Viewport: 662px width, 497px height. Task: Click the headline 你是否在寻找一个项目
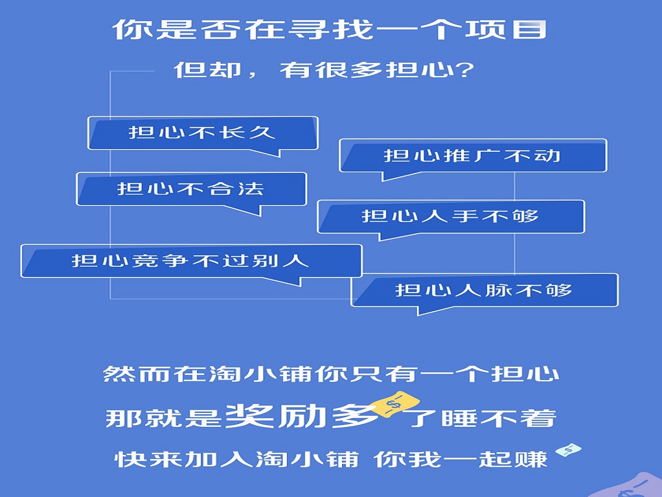(x=330, y=30)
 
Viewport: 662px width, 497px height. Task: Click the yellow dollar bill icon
(x=396, y=404)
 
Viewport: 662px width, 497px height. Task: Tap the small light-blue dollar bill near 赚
(x=568, y=450)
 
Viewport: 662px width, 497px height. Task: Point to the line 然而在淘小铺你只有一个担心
(x=332, y=374)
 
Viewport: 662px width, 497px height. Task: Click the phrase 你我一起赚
(x=461, y=460)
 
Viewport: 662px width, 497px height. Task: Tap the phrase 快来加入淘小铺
(x=237, y=460)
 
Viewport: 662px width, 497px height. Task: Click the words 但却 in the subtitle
(x=207, y=69)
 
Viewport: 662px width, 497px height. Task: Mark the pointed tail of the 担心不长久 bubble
(x=280, y=157)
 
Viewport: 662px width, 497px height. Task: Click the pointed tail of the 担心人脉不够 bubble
(x=418, y=315)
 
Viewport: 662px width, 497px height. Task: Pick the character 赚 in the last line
(x=531, y=460)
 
